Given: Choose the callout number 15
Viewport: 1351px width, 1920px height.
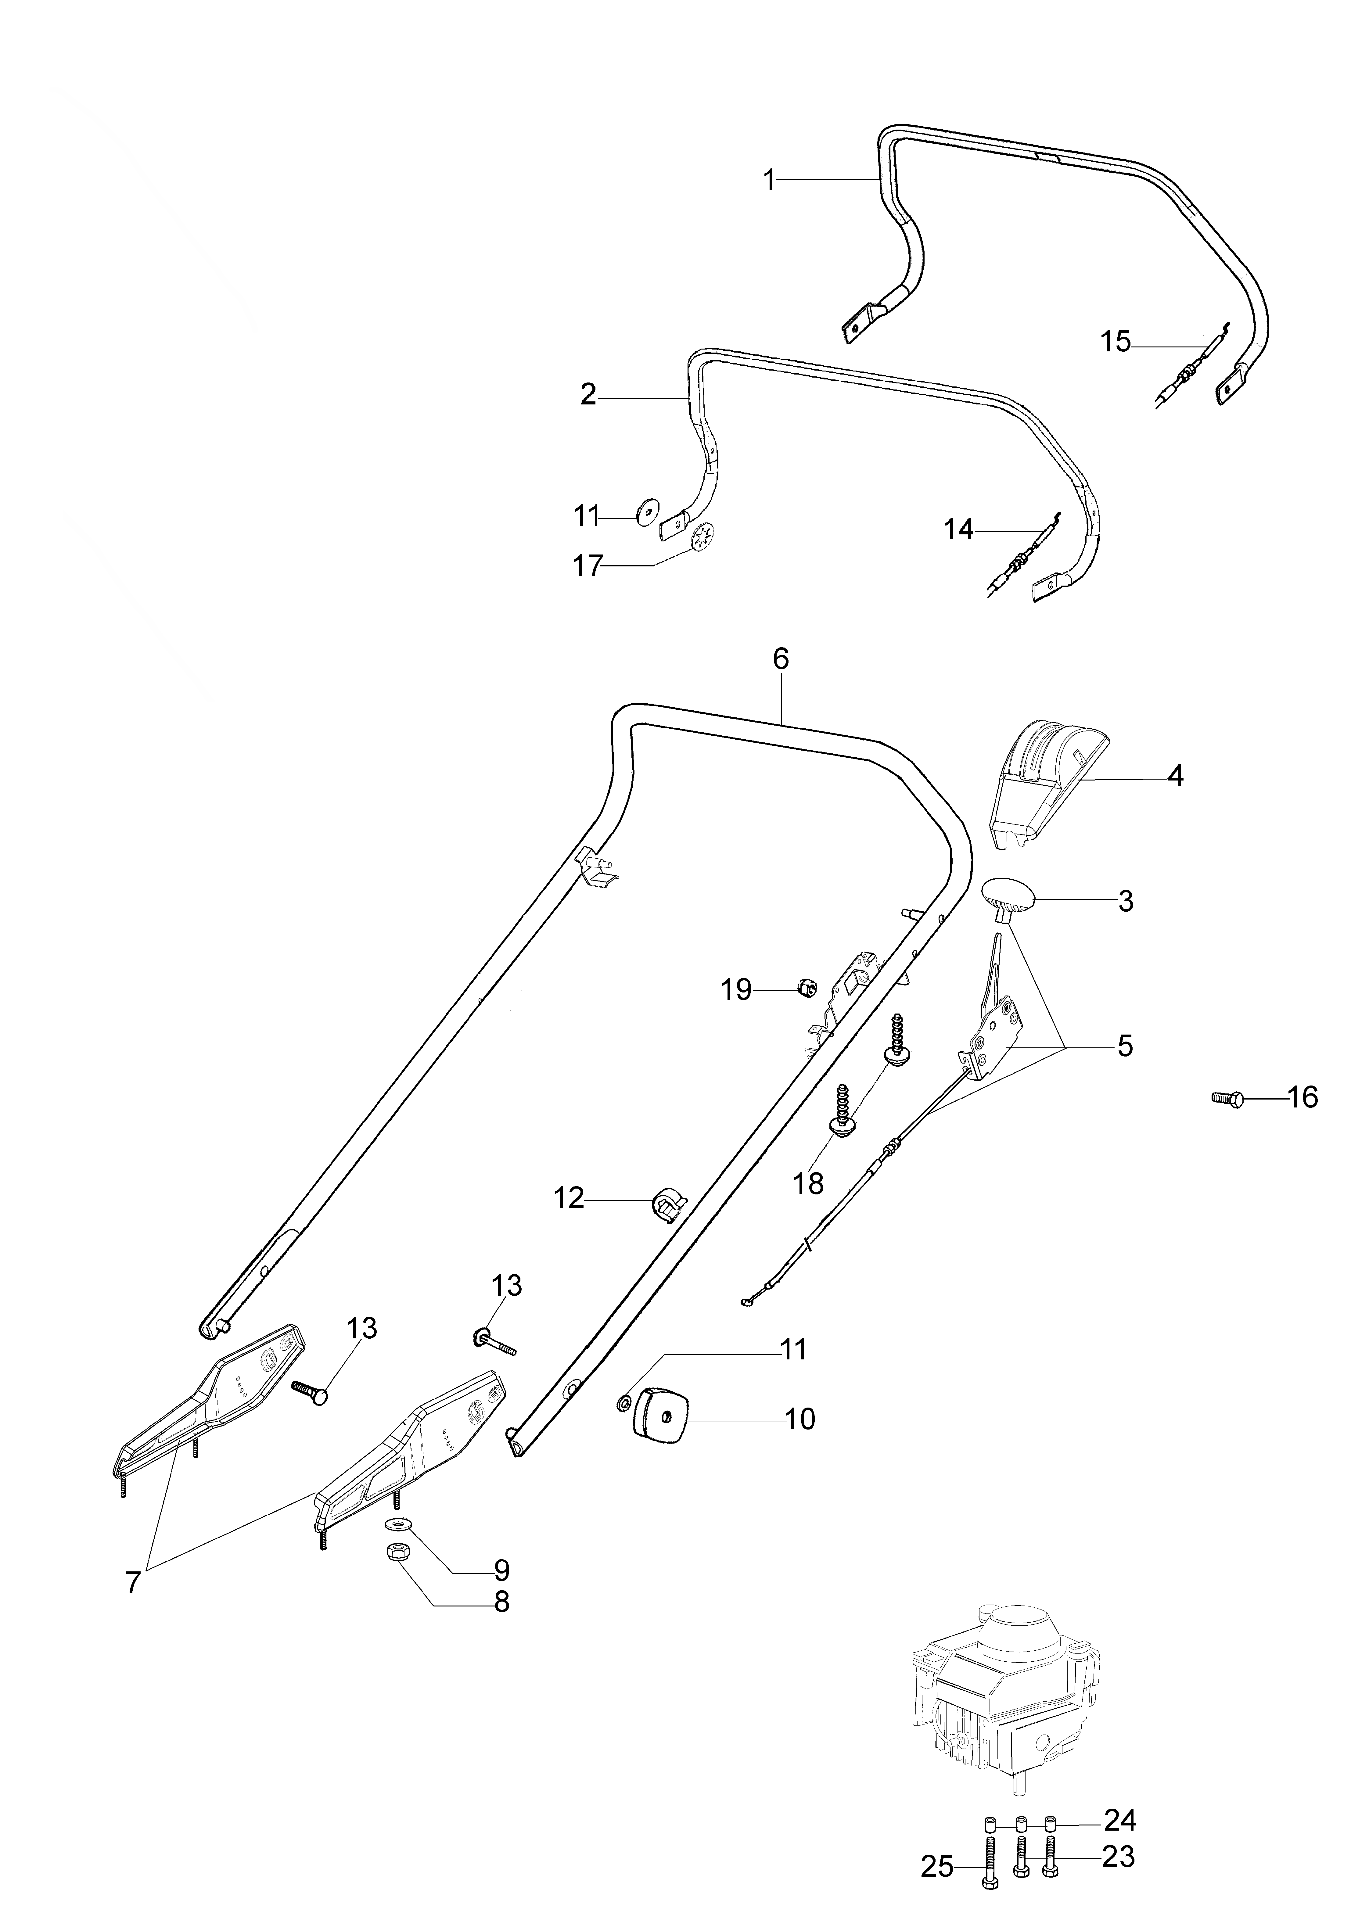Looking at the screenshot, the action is point(1115,342).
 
